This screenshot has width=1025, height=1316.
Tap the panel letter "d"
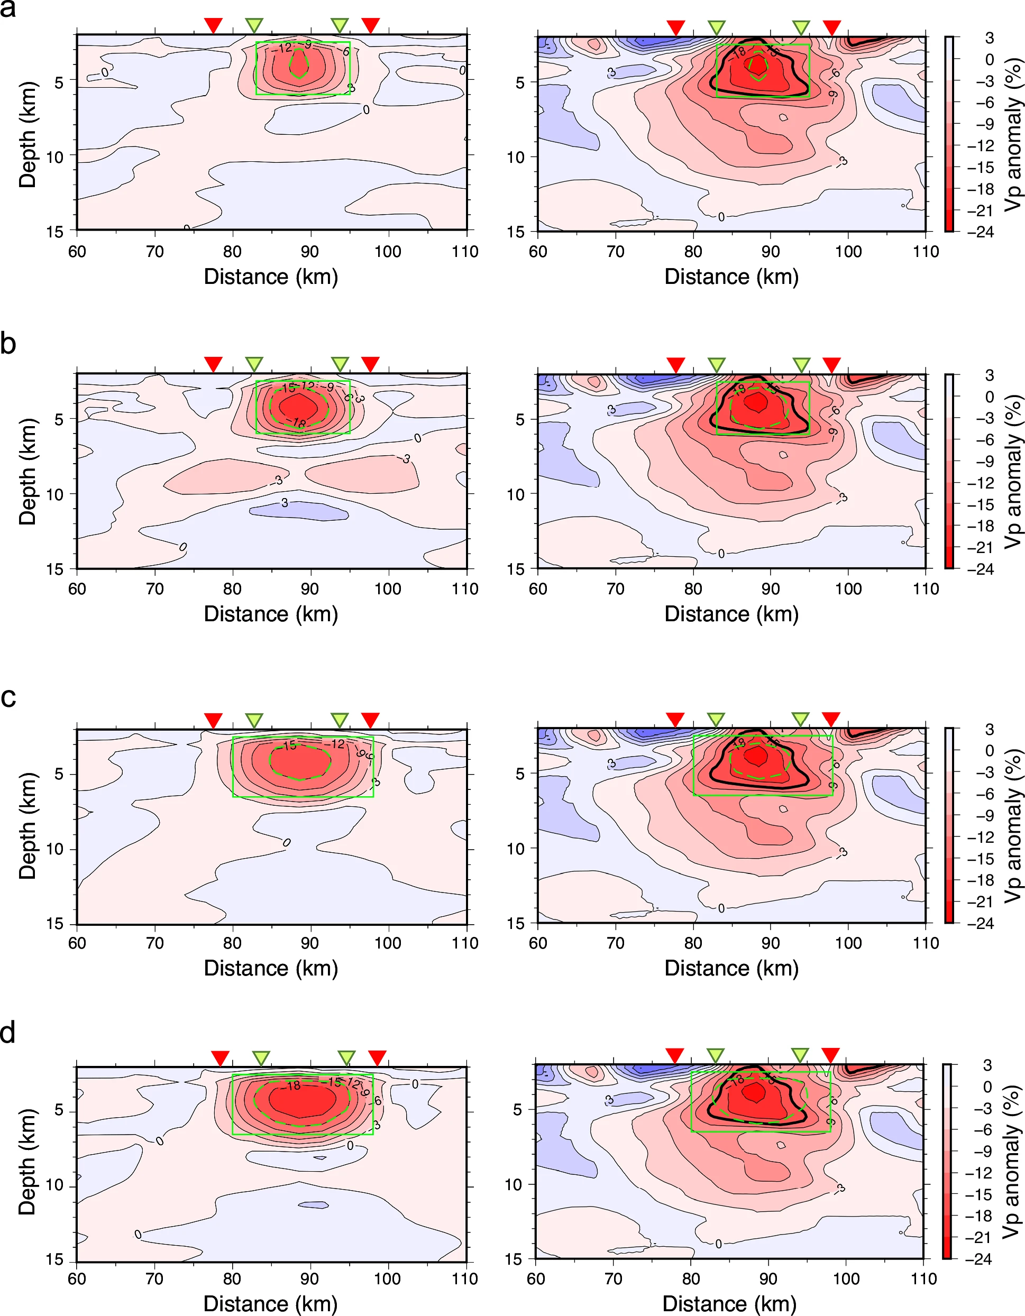tap(8, 1033)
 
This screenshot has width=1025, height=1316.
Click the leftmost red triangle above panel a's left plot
tap(213, 25)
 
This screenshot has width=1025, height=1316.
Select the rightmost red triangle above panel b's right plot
tap(831, 364)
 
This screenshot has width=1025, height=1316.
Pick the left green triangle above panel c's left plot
tap(254, 720)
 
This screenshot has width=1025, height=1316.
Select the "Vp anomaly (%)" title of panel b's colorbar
tap(1013, 471)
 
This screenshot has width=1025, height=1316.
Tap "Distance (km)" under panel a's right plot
tap(731, 277)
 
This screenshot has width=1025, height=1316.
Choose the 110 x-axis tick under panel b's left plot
tap(465, 588)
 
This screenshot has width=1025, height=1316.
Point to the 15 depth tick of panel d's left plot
tap(54, 1259)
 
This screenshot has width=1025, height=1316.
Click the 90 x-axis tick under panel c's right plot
tap(770, 943)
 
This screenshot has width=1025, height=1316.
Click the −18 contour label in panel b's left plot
tap(299, 424)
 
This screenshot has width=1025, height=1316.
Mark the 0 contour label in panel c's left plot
tap(287, 842)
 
